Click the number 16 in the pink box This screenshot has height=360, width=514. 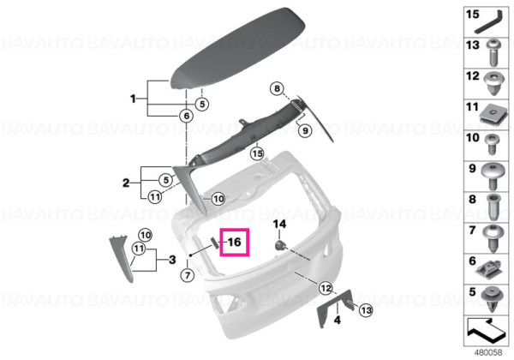(235, 243)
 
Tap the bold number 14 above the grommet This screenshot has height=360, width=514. (279, 225)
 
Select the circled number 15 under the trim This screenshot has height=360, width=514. (257, 153)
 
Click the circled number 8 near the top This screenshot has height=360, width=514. (277, 88)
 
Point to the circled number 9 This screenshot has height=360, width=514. (305, 130)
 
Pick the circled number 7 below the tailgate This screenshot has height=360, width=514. (188, 275)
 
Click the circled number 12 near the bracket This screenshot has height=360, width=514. (326, 288)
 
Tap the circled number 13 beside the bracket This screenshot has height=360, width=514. (366, 309)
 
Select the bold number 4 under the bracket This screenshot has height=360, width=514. (338, 320)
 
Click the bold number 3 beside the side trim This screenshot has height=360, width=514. (172, 260)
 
